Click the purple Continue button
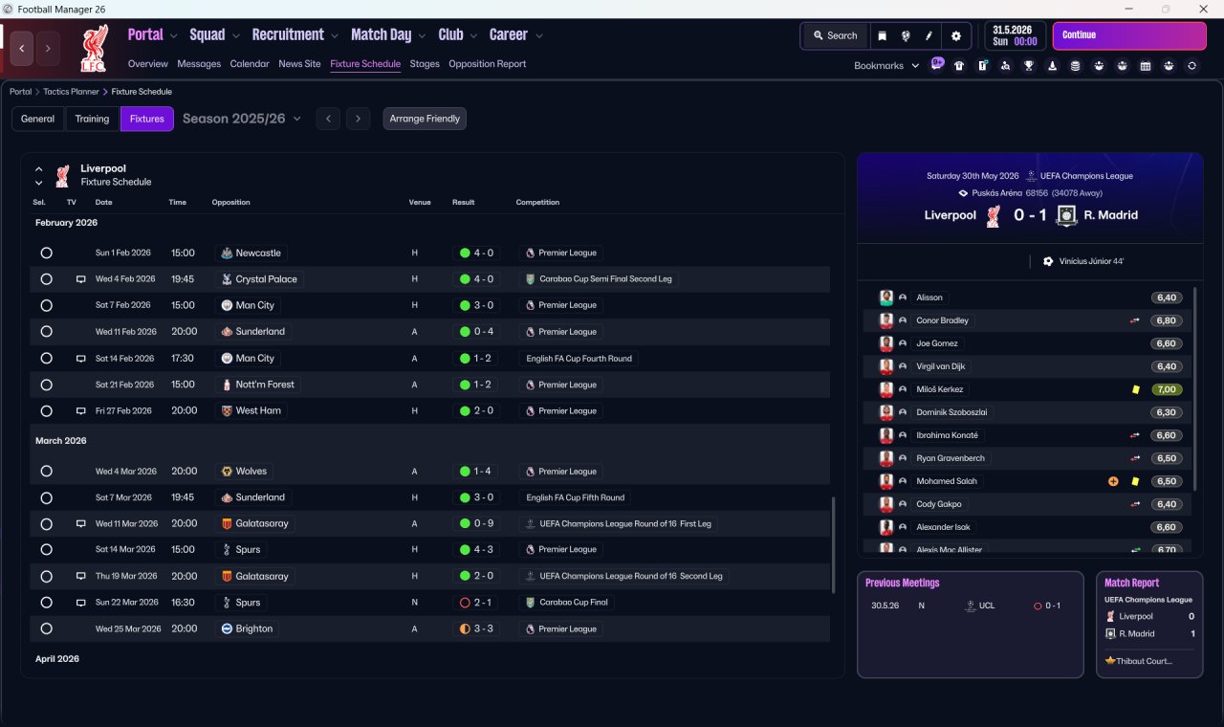tap(1129, 35)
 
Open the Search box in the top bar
tap(836, 35)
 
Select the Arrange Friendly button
tap(425, 119)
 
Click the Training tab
tap(92, 119)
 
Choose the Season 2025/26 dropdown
tap(242, 119)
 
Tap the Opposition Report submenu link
tap(487, 64)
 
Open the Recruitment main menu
tap(288, 35)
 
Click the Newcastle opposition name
tap(258, 253)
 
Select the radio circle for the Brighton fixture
tap(47, 628)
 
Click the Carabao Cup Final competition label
tap(573, 603)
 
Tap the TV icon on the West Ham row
tap(81, 411)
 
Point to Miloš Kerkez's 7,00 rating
tap(1166, 389)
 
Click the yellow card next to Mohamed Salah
tap(1135, 481)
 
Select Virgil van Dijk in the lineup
tap(940, 366)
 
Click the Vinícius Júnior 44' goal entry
tap(1091, 261)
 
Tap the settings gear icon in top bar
tap(955, 36)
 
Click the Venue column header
tap(420, 202)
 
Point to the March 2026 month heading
tap(60, 441)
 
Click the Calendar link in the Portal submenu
tap(250, 64)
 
